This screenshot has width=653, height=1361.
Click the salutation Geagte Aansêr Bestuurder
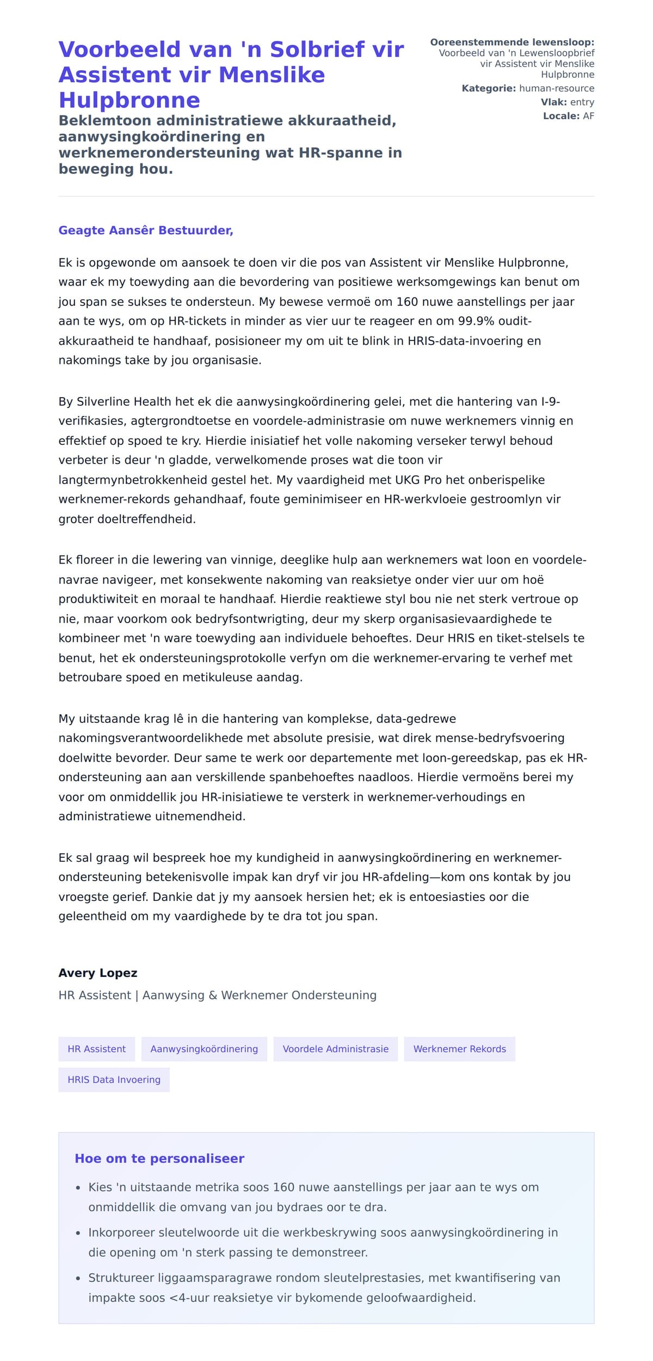146,230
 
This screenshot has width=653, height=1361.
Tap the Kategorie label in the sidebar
488,88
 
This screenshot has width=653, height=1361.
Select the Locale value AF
588,116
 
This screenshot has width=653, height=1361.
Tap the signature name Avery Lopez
98,973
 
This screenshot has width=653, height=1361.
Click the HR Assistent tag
96,1049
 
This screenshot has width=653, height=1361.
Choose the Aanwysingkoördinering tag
204,1049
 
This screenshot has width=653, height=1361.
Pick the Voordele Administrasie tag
335,1049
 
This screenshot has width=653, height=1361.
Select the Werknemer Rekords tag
459,1049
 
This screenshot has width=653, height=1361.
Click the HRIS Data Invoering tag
114,1079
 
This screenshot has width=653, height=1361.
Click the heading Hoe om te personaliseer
159,1158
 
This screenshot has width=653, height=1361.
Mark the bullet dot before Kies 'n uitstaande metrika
78,1188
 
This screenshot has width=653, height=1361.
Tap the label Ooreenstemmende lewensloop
512,42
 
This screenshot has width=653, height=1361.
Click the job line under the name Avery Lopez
217,995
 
